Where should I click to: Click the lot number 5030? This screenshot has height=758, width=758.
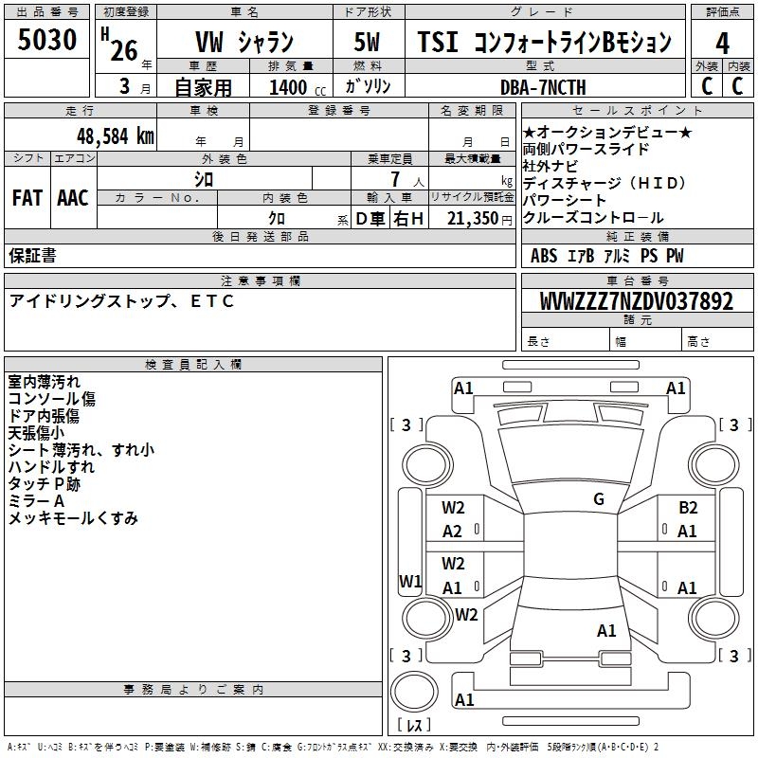click(x=47, y=41)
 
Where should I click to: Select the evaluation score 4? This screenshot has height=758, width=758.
click(x=723, y=43)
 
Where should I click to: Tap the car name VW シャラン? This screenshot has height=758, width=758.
click(x=244, y=43)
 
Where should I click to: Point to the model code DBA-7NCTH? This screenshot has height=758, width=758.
click(x=543, y=87)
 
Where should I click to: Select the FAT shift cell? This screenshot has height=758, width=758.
click(x=27, y=197)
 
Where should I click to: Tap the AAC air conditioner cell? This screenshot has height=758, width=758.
click(x=73, y=197)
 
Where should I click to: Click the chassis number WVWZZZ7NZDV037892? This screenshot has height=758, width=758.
click(x=636, y=301)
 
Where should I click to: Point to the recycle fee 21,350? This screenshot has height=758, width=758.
click(x=471, y=219)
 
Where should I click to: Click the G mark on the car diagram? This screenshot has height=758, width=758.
click(x=598, y=499)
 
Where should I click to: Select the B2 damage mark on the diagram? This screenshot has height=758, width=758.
click(x=688, y=508)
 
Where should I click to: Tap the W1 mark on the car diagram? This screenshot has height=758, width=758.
click(x=410, y=581)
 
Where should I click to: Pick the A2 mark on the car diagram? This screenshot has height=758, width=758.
click(x=453, y=532)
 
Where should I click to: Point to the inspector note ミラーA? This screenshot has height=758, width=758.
click(x=37, y=500)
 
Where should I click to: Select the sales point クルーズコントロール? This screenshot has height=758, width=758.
click(x=594, y=217)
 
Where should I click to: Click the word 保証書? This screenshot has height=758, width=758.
click(x=32, y=255)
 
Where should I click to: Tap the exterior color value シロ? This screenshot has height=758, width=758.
click(x=203, y=178)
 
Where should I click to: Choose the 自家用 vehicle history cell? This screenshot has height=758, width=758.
click(x=203, y=87)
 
